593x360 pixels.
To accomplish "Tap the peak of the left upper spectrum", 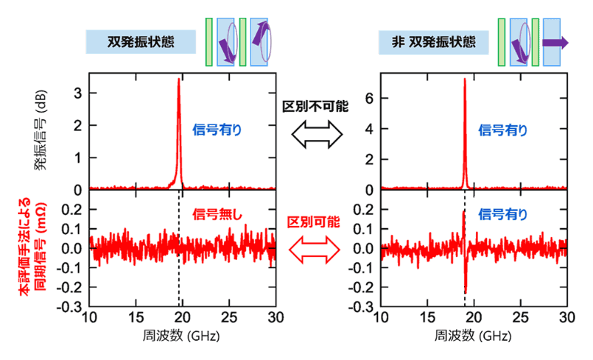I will (179, 80).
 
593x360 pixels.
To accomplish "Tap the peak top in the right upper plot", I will (465, 79).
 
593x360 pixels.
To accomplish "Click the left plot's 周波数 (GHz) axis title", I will (180, 335).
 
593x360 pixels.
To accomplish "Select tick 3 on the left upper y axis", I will (76, 93).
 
